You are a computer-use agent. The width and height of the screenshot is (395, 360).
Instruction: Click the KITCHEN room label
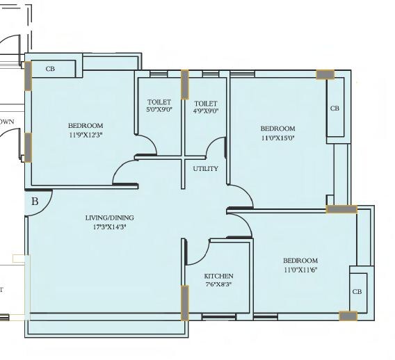pos(218,276)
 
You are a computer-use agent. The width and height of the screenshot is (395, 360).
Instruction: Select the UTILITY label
pos(206,169)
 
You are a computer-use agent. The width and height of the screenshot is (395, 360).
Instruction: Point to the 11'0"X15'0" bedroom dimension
pos(277,138)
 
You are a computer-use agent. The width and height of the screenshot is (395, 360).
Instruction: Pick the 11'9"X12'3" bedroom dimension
pos(86,134)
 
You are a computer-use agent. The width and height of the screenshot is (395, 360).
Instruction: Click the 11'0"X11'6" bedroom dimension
pos(300,270)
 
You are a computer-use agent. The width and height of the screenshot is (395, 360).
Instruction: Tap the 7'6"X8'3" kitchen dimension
pos(218,284)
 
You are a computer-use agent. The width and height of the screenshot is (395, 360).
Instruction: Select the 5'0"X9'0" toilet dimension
pos(159,110)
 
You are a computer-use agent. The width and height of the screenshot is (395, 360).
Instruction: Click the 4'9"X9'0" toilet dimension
pos(206,110)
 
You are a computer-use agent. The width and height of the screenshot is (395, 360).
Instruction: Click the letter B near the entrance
pos(35,202)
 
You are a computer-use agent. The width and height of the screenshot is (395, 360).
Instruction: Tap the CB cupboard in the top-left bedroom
pos(50,69)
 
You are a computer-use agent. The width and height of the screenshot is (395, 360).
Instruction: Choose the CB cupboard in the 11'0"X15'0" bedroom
pos(334,108)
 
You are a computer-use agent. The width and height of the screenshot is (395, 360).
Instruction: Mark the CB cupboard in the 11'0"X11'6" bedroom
pos(356,292)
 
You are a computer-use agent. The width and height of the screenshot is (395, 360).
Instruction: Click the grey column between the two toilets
pos(185,85)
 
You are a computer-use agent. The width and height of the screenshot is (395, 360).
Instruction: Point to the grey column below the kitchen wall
pos(184,302)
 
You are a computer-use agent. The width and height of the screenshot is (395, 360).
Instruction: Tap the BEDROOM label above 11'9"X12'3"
pos(86,126)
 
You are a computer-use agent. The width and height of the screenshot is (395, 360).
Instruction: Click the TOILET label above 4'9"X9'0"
pos(206,103)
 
